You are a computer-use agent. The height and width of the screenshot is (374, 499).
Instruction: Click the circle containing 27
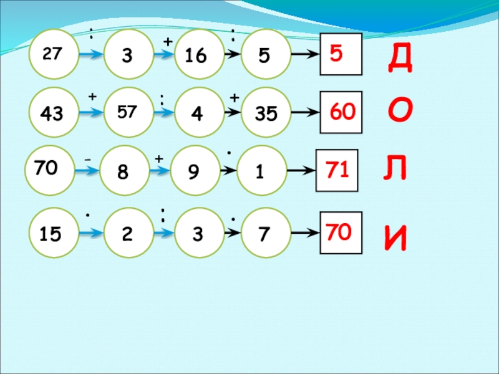tap(52, 54)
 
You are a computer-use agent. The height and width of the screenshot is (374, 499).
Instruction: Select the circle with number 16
tap(195, 55)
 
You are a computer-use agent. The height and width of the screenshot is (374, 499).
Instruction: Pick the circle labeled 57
tap(128, 112)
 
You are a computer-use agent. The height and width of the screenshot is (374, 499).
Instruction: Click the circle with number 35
tap(265, 113)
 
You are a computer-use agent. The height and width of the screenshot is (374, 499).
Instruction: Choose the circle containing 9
tap(195, 171)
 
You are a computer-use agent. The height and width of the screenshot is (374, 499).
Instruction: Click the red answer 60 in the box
tap(342, 112)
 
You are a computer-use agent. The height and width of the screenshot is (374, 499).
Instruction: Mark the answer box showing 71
tap(337, 170)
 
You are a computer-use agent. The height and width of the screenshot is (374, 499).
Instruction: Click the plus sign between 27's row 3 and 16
tap(167, 41)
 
